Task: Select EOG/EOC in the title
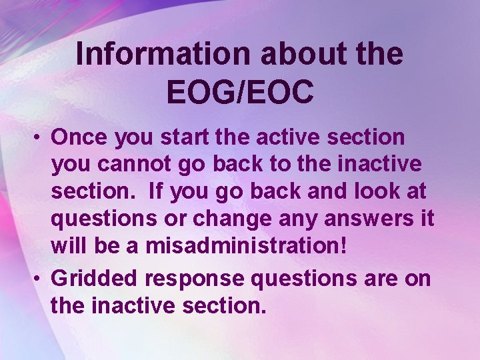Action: pos(240,93)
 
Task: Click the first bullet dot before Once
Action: pos(41,137)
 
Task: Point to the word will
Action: pos(69,245)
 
